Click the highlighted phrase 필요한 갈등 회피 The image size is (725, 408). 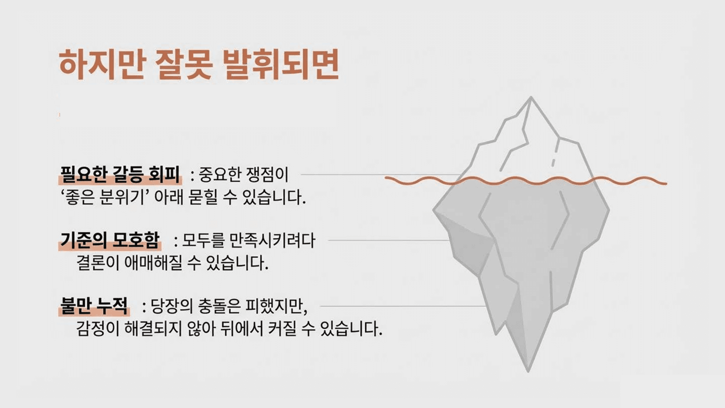[120, 175]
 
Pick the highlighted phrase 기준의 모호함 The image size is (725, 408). [110, 241]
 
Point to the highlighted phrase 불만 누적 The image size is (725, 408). [94, 306]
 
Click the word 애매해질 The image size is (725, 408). [153, 263]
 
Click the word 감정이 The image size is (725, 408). [97, 329]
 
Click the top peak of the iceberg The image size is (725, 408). [531, 97]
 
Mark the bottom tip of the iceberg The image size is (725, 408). [528, 371]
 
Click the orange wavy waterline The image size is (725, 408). [526, 181]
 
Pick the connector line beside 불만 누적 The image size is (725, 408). [403, 306]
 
